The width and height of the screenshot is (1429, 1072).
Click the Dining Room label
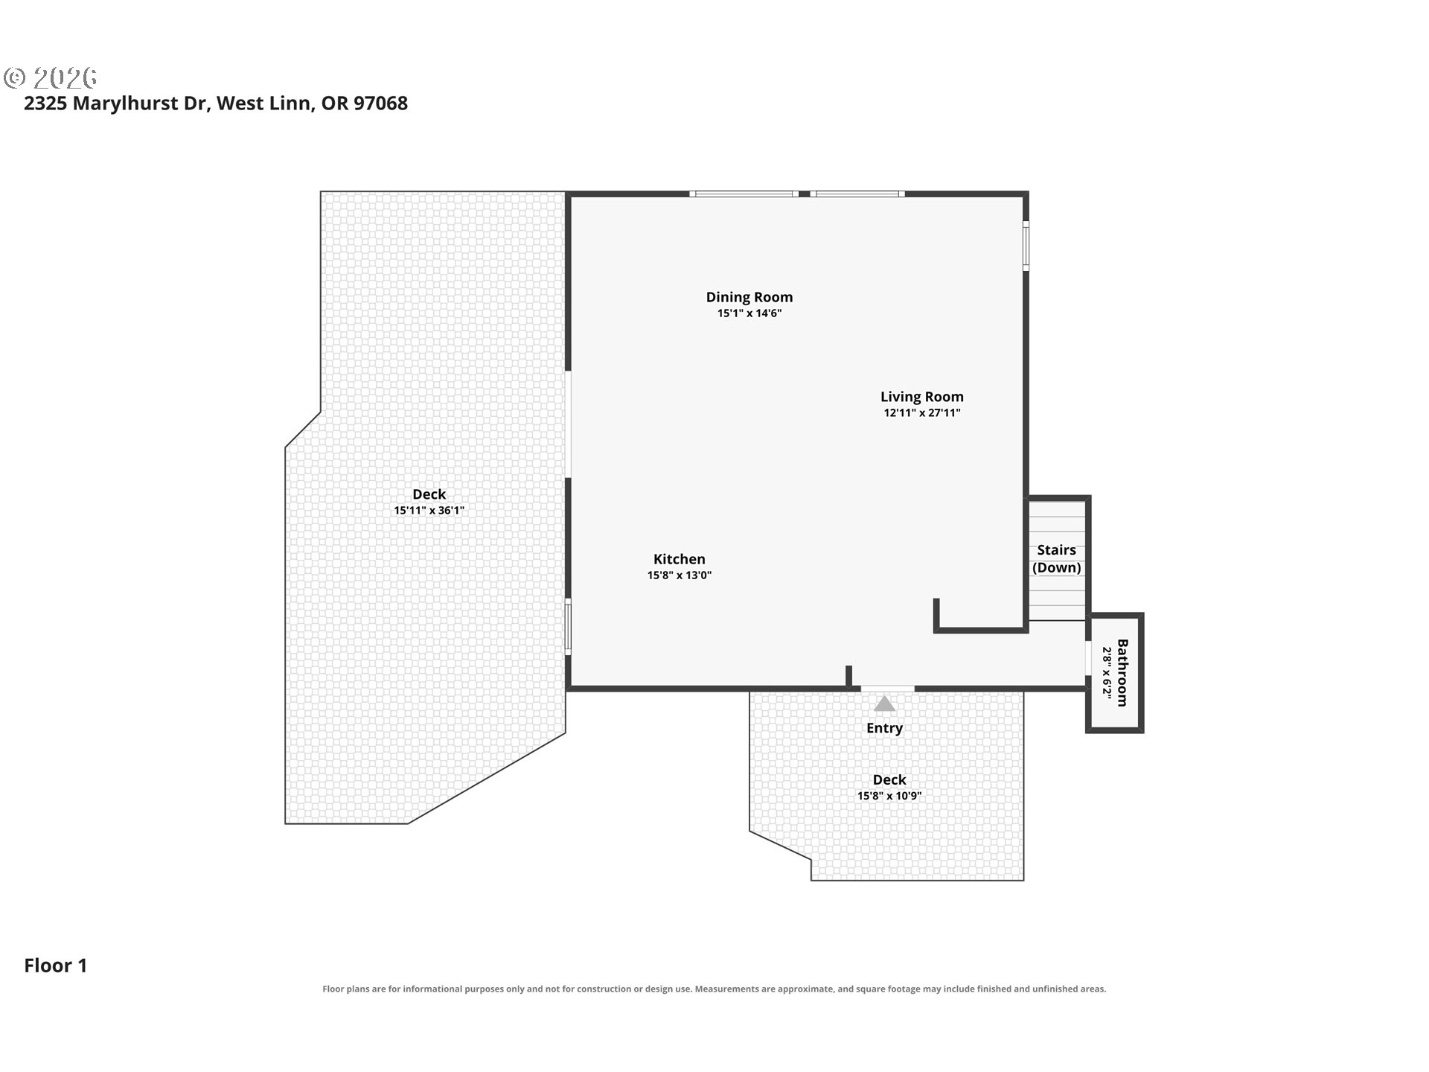click(x=749, y=297)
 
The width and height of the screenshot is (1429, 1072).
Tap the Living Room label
click(x=922, y=397)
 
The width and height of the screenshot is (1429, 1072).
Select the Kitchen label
click(x=680, y=559)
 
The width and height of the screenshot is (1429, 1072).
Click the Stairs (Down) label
click(x=1057, y=558)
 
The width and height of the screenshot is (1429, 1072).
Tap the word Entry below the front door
click(x=884, y=728)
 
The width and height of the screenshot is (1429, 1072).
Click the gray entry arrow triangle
click(x=884, y=703)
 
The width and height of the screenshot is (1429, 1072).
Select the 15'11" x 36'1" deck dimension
click(x=429, y=511)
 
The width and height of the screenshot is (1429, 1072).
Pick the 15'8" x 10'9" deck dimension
click(x=889, y=796)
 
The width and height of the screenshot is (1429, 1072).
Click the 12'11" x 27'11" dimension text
click(x=922, y=413)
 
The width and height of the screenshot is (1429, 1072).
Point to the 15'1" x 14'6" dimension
click(x=749, y=313)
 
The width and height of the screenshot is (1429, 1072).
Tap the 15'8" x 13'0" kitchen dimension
click(x=680, y=575)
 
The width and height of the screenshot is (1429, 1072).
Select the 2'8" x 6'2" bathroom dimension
click(x=1107, y=673)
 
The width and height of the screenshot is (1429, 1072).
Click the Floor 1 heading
click(x=56, y=966)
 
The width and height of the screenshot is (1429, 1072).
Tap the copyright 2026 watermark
click(x=51, y=77)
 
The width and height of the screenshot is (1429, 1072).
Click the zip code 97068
click(x=380, y=103)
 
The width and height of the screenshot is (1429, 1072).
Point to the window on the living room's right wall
click(x=1026, y=245)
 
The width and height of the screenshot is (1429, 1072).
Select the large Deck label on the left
click(x=429, y=494)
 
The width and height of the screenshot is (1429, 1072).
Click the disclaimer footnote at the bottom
click(x=714, y=989)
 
